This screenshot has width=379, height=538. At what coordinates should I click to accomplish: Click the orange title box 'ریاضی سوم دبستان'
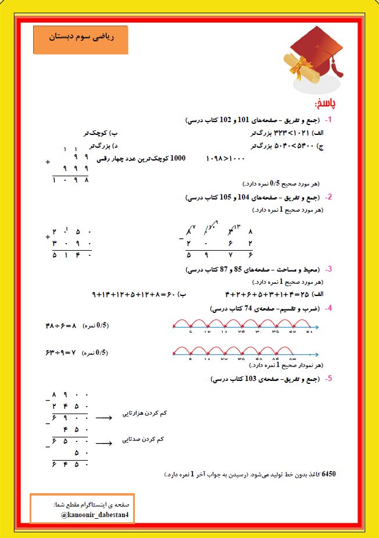tap(80, 40)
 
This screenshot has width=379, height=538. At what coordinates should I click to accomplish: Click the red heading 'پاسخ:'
tap(324, 104)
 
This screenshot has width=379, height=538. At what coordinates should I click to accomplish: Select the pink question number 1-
tap(328, 120)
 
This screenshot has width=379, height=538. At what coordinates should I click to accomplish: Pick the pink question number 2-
tap(328, 197)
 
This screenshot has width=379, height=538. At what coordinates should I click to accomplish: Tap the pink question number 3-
tap(328, 269)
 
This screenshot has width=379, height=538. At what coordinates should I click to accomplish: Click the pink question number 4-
tap(328, 308)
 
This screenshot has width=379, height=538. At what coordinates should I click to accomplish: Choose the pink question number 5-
tap(328, 379)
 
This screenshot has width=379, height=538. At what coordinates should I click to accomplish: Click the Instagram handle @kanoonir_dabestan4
tap(96, 515)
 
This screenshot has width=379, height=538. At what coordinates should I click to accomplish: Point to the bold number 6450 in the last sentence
tap(328, 474)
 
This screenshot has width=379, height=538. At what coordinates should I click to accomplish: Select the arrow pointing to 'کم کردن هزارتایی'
tap(103, 417)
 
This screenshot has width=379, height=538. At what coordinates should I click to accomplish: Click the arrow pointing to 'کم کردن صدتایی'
tap(103, 443)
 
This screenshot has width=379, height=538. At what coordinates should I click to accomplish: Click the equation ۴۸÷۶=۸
tap(61, 326)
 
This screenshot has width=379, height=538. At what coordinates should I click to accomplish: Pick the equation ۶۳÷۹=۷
tap(60, 352)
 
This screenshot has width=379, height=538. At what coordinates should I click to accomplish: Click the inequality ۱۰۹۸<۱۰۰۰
tap(226, 158)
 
